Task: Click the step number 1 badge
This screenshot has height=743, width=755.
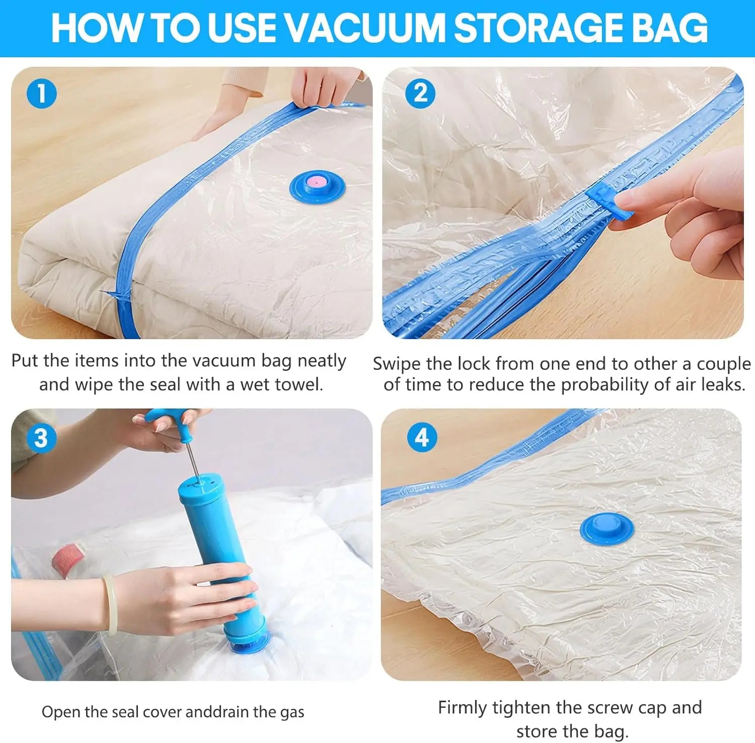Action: click(x=41, y=94)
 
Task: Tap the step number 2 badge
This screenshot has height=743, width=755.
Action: click(x=421, y=94)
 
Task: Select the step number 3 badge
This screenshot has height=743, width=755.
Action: click(x=41, y=438)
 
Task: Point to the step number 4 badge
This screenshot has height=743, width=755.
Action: click(x=422, y=438)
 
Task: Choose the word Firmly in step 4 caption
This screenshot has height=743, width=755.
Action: click(x=463, y=707)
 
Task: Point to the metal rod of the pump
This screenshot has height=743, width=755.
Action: click(x=191, y=460)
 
